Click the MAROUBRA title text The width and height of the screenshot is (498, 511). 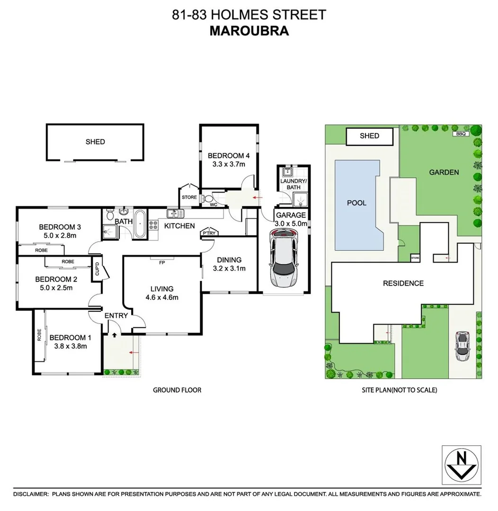249,31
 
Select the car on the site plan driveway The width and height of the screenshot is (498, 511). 462,346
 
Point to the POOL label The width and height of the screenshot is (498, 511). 357,203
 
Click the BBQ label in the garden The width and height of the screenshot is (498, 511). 461,134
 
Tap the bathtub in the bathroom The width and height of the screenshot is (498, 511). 141,224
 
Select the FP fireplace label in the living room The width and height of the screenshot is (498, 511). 162,262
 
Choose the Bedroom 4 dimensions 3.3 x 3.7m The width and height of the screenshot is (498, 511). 229,164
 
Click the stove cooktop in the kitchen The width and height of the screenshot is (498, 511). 153,225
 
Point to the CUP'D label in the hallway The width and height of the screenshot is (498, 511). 97,269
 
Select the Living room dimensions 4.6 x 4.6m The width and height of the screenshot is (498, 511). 161,298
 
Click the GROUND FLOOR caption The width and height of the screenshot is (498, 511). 177,390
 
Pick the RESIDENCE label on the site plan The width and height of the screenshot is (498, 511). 403,283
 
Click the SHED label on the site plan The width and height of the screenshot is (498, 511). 369,136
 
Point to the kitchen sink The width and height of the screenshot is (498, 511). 173,213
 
